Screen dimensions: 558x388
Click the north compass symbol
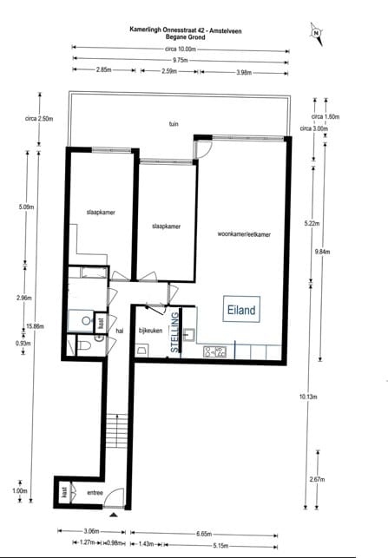tap(317, 34)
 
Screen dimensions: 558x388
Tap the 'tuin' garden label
tap(174, 124)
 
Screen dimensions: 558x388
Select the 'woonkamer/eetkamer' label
tap(244, 234)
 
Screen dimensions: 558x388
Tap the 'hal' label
tap(120, 331)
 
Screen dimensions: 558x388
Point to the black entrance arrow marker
tap(113, 515)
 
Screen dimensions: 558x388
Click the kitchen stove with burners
tap(214, 352)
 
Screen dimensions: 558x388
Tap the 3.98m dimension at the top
tap(246, 71)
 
